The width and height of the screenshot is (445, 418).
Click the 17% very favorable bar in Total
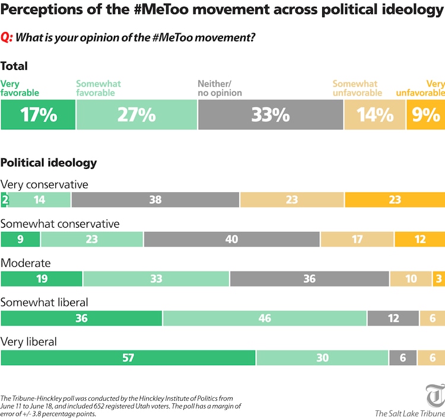[x=39, y=114]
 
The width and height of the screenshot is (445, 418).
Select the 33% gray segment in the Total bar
[x=271, y=114]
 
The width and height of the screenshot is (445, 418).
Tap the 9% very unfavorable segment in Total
[x=425, y=114]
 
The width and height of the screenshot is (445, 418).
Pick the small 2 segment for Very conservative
[x=4, y=200]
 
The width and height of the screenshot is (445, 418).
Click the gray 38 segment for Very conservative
[x=155, y=200]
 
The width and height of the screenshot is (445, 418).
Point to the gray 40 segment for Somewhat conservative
[x=231, y=239]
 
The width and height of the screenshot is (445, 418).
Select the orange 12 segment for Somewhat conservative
[x=419, y=239]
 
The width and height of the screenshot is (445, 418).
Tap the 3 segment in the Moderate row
[x=438, y=278]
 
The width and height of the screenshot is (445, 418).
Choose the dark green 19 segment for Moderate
[x=42, y=278]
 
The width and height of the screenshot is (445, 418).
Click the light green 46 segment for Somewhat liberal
[x=265, y=318]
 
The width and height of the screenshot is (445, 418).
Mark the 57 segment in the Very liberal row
[x=128, y=358]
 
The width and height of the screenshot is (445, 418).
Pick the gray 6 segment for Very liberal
[x=403, y=358]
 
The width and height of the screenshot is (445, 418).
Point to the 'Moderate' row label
[x=26, y=263]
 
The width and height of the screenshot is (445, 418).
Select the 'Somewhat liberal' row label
[x=44, y=302]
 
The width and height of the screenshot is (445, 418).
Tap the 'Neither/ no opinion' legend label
[x=220, y=88]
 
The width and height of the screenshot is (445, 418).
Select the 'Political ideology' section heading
[x=49, y=162]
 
